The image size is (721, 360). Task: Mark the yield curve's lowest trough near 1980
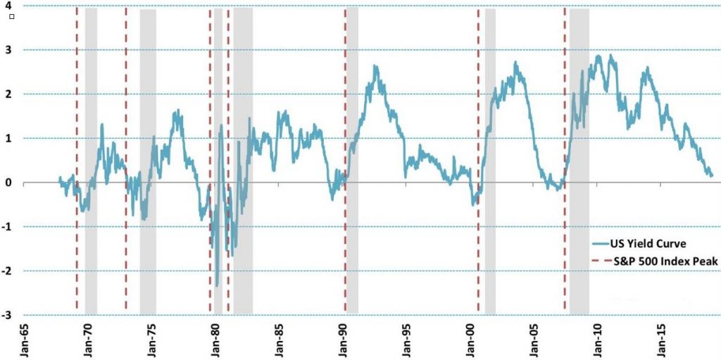pos(218,285)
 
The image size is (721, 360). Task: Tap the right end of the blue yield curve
pos(712,175)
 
